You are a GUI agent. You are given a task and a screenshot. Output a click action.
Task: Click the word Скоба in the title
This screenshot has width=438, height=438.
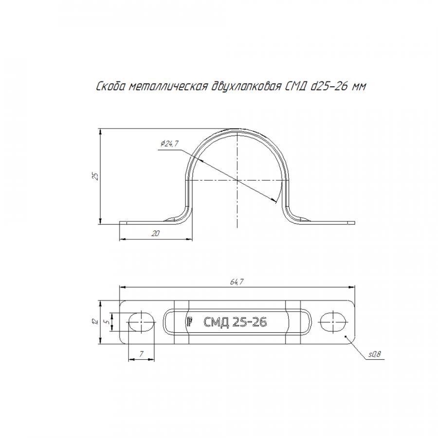coord(110,86)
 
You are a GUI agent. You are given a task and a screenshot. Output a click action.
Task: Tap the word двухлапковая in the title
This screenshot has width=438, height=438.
coord(246,87)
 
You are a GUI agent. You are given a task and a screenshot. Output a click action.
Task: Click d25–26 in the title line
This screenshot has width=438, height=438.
coord(329,86)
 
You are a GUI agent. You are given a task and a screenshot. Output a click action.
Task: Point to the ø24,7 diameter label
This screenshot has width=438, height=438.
coord(169,144)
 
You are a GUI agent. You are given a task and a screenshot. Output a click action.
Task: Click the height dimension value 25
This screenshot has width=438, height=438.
coord(96,176)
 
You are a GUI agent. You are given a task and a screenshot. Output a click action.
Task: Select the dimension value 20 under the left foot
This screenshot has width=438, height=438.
coord(155,233)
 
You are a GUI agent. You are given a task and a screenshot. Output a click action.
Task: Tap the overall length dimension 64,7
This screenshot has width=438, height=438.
coord(237,282)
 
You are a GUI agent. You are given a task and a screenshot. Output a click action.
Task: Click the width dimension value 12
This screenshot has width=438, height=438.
coord(95,321)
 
